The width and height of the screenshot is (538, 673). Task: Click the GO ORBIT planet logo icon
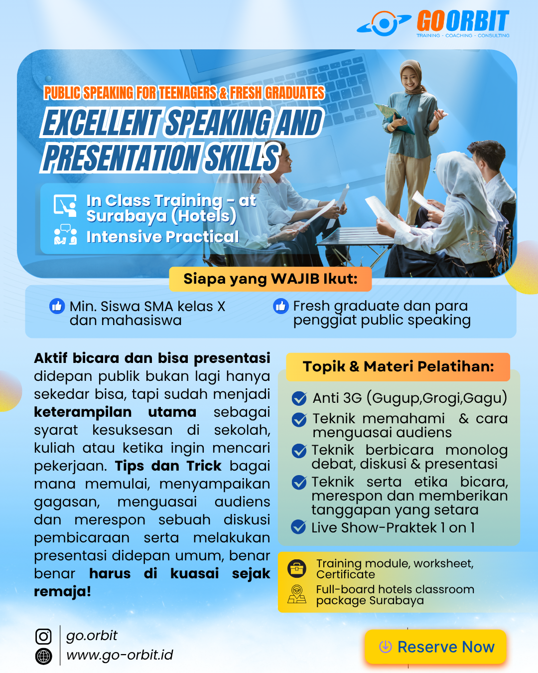[x=384, y=23]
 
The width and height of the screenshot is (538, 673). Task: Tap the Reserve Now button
[x=435, y=647]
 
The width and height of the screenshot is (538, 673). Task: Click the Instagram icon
[x=43, y=636]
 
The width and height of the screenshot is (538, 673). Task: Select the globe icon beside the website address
[x=43, y=656]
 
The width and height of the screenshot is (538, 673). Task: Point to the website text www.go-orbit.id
[x=120, y=655]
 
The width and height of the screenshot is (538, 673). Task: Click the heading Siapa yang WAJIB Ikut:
[x=270, y=279]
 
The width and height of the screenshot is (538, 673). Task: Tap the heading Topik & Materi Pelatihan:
[x=398, y=366]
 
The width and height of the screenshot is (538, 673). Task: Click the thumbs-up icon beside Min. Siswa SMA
[x=57, y=306]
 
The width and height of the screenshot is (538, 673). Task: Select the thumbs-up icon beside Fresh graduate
[x=281, y=306]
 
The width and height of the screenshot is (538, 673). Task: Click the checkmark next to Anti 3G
[x=299, y=398]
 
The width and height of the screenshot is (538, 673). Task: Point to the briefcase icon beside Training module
[x=297, y=568]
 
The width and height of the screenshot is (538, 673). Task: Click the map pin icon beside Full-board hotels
[x=297, y=594]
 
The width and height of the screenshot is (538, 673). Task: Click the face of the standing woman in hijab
[x=409, y=78]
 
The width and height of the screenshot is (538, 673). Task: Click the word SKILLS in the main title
[x=241, y=158]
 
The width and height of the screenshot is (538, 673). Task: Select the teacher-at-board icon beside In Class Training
[x=65, y=205]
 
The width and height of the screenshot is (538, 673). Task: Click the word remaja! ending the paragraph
[x=63, y=591]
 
